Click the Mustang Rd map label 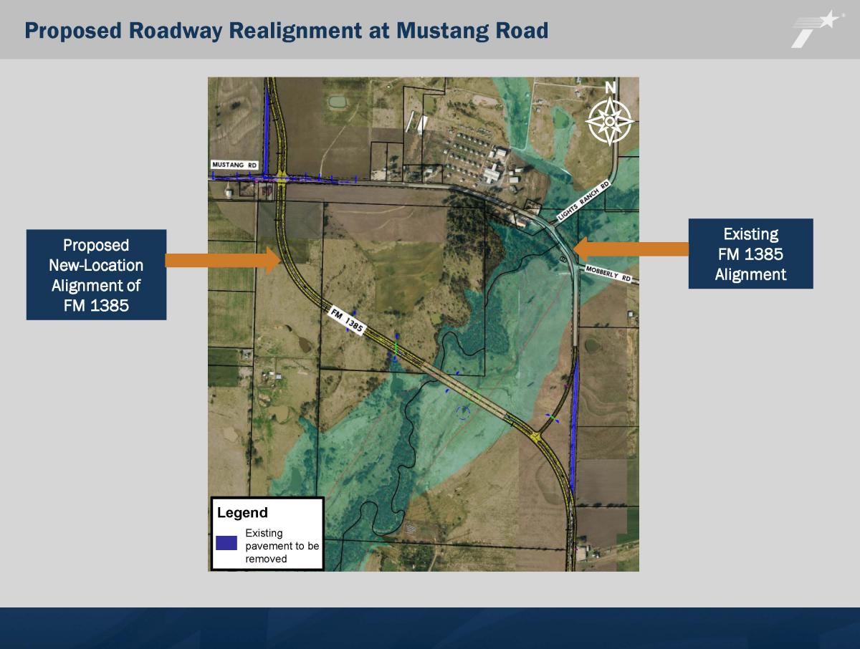(x=234, y=165)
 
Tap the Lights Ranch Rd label (x=583, y=201)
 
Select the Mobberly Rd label (x=608, y=273)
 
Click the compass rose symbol (x=609, y=121)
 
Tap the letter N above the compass (x=610, y=87)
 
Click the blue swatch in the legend (x=226, y=543)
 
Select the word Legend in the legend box (x=242, y=512)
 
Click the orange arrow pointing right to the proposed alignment (x=223, y=260)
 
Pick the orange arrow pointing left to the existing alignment (x=631, y=249)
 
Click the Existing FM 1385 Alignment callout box (x=750, y=254)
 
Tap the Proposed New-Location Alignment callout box (x=96, y=275)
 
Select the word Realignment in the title (x=295, y=31)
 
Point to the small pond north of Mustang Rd (x=338, y=102)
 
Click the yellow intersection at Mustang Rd (x=282, y=178)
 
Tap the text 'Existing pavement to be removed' (x=282, y=546)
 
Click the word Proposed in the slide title (x=73, y=31)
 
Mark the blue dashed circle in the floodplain (x=463, y=412)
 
